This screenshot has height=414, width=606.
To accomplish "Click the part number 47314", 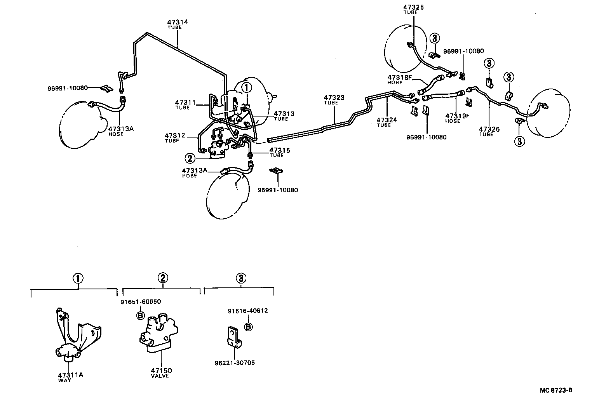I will point(178,22).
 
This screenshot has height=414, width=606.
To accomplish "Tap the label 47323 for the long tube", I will point(334,98).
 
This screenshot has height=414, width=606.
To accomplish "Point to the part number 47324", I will point(387,120).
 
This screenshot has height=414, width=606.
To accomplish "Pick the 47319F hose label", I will point(457,116).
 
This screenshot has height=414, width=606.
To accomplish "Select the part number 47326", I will point(489,129).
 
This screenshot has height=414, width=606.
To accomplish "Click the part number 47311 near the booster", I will point(185,103).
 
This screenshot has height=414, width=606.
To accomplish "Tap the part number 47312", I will point(175,136).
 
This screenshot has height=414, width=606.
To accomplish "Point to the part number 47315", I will point(280,150).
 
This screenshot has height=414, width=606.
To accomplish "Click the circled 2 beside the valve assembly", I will point(190,158).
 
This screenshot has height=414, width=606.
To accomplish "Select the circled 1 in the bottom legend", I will point(78,278).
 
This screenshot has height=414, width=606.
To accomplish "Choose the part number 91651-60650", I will point(140,302).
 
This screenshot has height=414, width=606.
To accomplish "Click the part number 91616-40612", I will point(247,311).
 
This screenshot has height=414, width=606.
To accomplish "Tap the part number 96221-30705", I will point(235,363).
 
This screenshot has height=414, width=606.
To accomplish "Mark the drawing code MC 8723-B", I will point(555,390).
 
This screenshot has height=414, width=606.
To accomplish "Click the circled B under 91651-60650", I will point(140,315).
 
